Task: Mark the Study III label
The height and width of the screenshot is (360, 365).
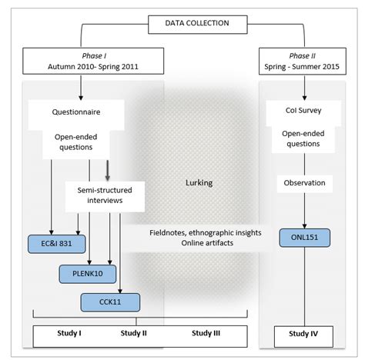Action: [207, 333]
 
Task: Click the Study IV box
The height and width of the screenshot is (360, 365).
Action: [305, 333]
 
